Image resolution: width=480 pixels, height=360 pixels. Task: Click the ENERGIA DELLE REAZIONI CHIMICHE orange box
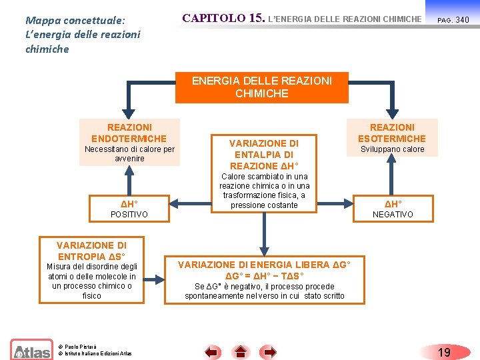[261, 87]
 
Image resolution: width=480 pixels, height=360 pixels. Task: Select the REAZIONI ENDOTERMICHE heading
[129, 133]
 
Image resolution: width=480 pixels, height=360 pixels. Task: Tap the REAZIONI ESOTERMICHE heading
[392, 133]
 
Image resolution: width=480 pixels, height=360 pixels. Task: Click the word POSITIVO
[129, 214]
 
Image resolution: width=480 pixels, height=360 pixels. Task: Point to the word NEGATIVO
[392, 214]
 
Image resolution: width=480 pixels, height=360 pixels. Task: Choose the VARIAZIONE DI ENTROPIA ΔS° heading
[91, 251]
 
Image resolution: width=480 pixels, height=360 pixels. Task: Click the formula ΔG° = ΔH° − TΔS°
[265, 276]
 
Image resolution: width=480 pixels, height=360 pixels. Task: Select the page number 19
[445, 351]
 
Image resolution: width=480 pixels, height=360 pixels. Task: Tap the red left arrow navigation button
[212, 351]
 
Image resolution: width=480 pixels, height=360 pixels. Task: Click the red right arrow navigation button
[269, 351]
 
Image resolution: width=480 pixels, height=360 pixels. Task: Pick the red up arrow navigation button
[241, 351]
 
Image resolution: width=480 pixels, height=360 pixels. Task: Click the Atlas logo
[31, 350]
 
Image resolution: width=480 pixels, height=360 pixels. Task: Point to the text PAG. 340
[453, 20]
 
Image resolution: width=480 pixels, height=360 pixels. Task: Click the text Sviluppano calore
[392, 149]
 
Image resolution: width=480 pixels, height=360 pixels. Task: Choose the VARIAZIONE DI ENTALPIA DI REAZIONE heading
[264, 154]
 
